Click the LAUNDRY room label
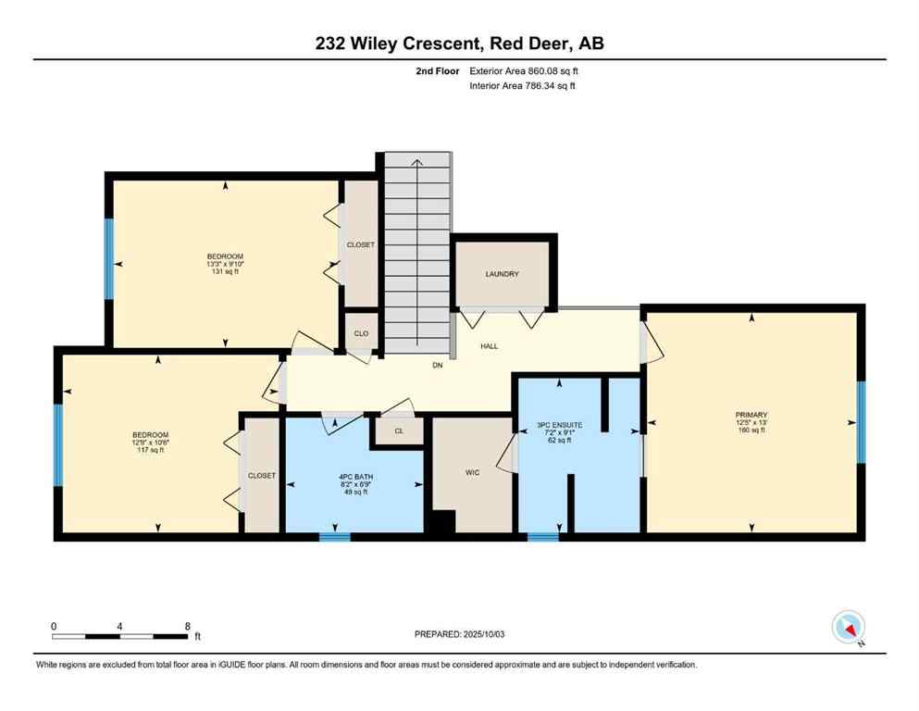502,274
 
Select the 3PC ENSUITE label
559,425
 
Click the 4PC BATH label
354,478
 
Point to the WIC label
472,471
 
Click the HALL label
489,346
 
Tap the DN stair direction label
438,366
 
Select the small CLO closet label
361,331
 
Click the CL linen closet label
399,430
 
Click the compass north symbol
848,628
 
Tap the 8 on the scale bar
188,626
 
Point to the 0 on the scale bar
54,626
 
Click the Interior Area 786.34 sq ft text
523,86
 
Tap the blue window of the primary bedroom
860,422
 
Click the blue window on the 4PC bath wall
335,536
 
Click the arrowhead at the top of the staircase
416,164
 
